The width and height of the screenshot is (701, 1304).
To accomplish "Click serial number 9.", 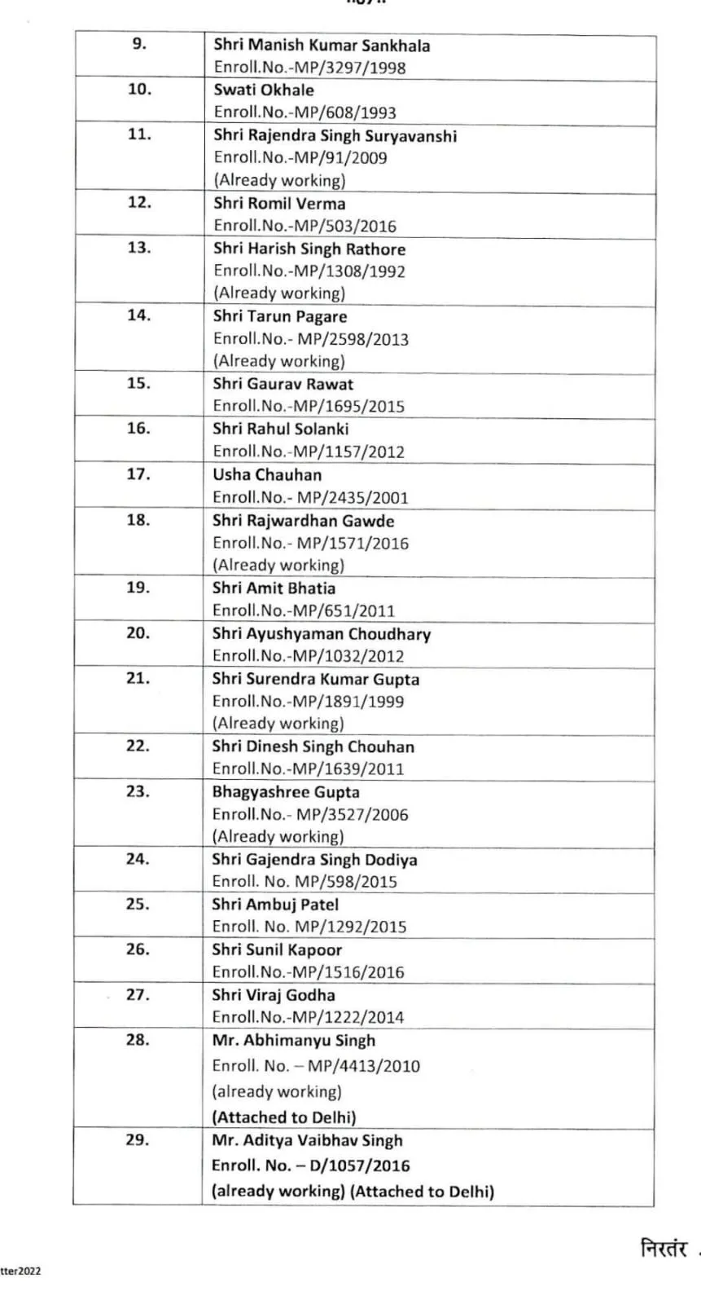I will pyautogui.click(x=139, y=44).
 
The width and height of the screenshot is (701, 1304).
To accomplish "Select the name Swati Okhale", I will pyautogui.click(x=263, y=90).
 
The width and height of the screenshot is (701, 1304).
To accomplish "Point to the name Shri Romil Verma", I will pyautogui.click(x=279, y=204).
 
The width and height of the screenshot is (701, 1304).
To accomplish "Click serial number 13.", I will pyautogui.click(x=139, y=247).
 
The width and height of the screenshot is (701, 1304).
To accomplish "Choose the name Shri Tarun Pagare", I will pyautogui.click(x=279, y=316).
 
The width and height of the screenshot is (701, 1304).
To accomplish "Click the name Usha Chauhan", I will pyautogui.click(x=267, y=474).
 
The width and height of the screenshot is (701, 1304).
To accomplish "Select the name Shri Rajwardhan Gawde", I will pyautogui.click(x=303, y=520).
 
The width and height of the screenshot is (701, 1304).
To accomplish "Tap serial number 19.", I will pyautogui.click(x=138, y=587).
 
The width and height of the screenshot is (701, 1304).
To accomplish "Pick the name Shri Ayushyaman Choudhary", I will pyautogui.click(x=321, y=633).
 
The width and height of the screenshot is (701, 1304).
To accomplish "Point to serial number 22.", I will pyautogui.click(x=138, y=745).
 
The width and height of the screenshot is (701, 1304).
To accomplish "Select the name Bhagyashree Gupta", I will pyautogui.click(x=285, y=791).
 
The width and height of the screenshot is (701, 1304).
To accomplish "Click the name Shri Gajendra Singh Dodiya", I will pyautogui.click(x=314, y=859).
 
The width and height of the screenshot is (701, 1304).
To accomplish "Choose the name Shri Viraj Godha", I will pyautogui.click(x=273, y=995).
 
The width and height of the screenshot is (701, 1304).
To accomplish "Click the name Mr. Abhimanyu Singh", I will pyautogui.click(x=293, y=1040).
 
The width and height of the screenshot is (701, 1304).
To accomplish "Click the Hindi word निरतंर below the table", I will pyautogui.click(x=664, y=1248).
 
